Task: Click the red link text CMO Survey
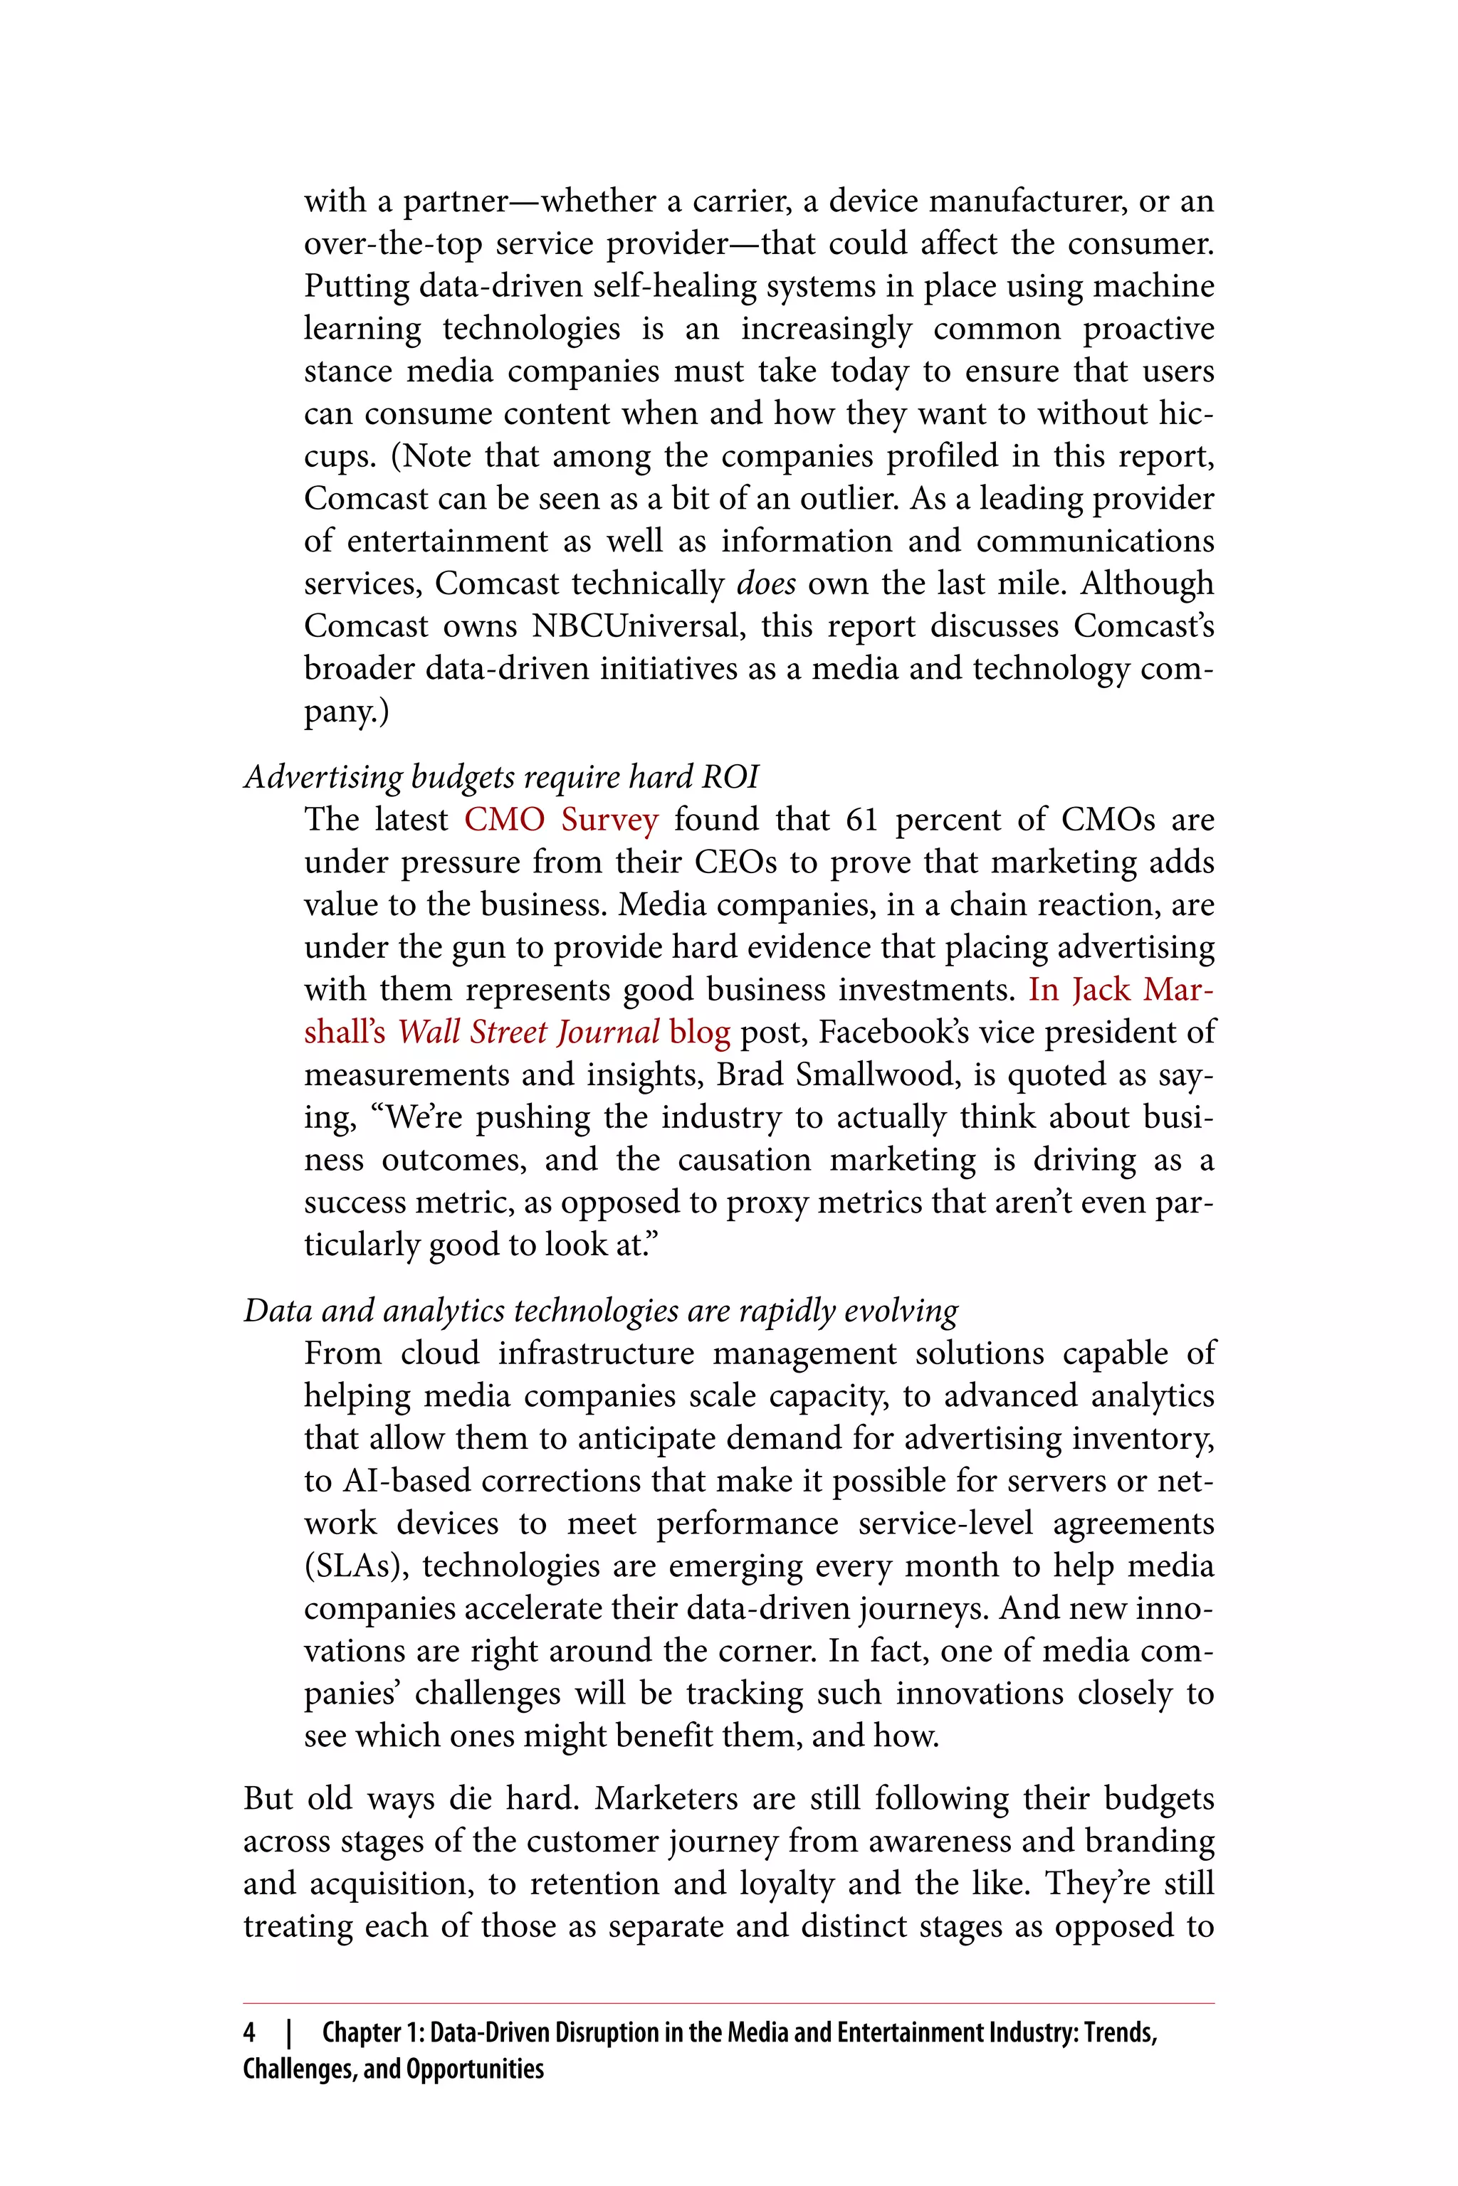[x=561, y=820]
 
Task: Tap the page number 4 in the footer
[x=249, y=2032]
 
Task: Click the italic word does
[x=765, y=584]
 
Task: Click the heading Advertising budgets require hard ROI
[x=501, y=776]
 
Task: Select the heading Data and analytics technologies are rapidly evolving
[x=601, y=1311]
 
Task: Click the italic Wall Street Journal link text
[x=528, y=1033]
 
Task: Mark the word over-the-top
[x=392, y=243]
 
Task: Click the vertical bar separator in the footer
[x=289, y=2032]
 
